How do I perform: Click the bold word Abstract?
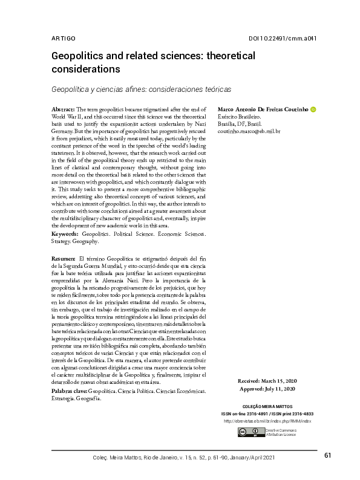pyautogui.click(x=64, y=108)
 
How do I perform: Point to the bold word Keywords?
pyautogui.click(x=65, y=233)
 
